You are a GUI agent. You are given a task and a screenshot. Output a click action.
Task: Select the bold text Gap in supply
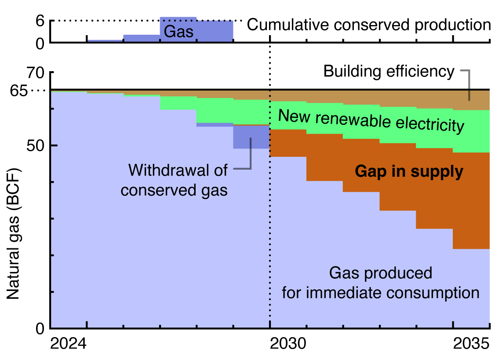click(x=409, y=172)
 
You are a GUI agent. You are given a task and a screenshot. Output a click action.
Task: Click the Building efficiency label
click(x=389, y=71)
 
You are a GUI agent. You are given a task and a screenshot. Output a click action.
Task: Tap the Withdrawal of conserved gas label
click(x=175, y=180)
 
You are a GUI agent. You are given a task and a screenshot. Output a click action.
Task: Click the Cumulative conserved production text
click(x=368, y=25)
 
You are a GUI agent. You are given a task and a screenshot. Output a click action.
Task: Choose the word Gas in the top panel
click(x=178, y=31)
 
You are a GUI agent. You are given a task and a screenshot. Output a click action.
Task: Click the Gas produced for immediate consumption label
click(x=381, y=283)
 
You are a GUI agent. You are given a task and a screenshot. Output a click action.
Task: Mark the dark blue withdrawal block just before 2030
click(x=251, y=137)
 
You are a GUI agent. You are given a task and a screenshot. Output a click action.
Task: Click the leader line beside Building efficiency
click(x=469, y=84)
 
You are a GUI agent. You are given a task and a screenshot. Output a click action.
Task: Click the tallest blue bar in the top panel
click(x=178, y=24)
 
